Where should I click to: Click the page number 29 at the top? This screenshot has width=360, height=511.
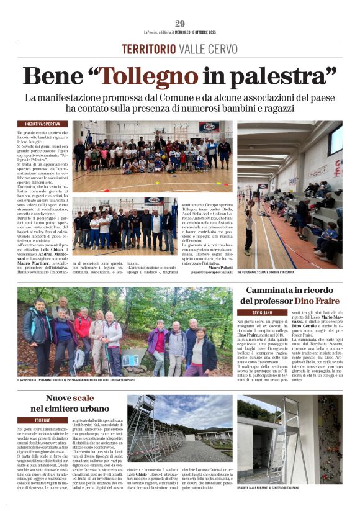click(x=180, y=24)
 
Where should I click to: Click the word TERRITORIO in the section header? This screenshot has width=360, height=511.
click(x=149, y=49)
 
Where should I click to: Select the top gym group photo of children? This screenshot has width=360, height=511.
click(x=152, y=156)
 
